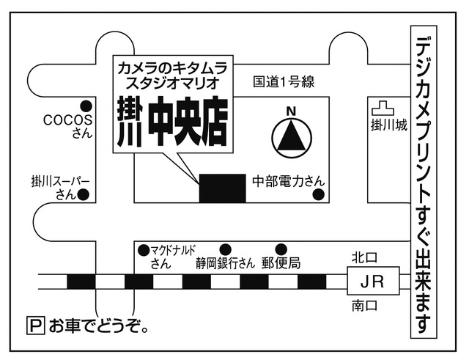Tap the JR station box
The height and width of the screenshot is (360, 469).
pos(372,281)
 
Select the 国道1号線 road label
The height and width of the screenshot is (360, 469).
pos(284,82)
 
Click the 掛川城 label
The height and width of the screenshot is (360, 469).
pos(388,125)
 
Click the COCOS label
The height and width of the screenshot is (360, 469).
pos(67,120)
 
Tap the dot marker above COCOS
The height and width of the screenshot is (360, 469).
pos(85,104)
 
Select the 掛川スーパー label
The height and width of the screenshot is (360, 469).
pos(60,180)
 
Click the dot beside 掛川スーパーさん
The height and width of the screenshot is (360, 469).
pos(84,195)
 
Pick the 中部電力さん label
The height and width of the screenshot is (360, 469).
pos(288,180)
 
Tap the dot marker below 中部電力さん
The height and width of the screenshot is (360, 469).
pos(319,194)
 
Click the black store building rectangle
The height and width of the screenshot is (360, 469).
pos(223,188)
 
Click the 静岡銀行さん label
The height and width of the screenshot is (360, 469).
pos(225,263)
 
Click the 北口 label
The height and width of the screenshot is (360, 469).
pos(363,257)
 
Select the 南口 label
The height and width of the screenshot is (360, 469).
pos(363,304)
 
